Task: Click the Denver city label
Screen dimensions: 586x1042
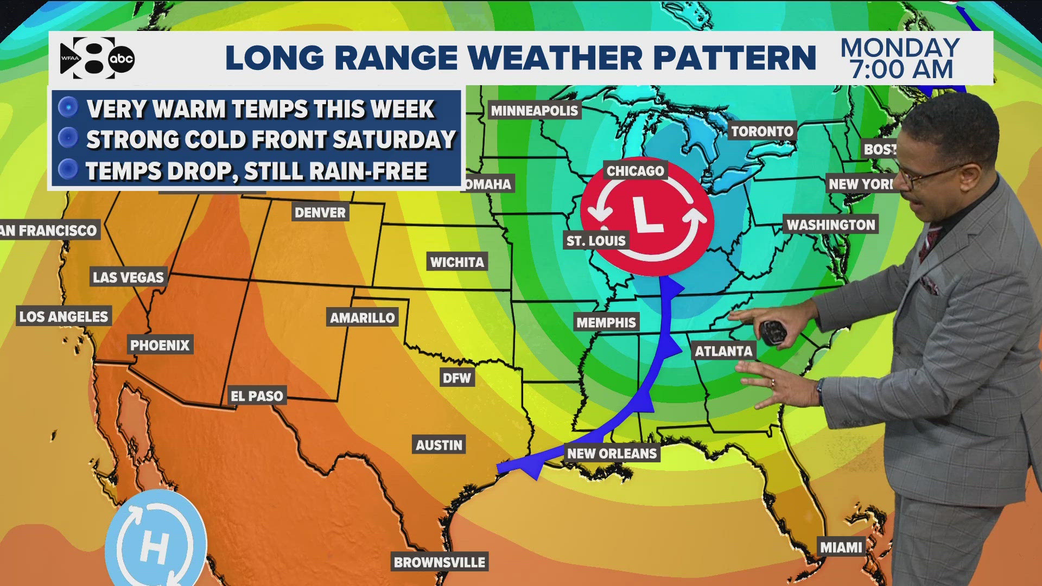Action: pyautogui.click(x=320, y=212)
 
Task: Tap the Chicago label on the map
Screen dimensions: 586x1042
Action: pyautogui.click(x=635, y=171)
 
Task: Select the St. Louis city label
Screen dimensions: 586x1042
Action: pyautogui.click(x=596, y=240)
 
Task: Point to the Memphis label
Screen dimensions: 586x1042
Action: pyautogui.click(x=606, y=322)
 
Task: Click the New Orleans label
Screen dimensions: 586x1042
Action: pyautogui.click(x=612, y=453)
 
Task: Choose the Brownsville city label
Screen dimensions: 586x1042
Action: pyautogui.click(x=440, y=562)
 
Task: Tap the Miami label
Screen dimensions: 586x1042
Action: pyautogui.click(x=841, y=547)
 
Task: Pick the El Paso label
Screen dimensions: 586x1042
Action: pyautogui.click(x=257, y=396)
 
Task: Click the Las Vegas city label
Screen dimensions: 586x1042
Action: pyautogui.click(x=128, y=277)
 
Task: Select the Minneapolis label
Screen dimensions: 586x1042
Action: pyautogui.click(x=534, y=111)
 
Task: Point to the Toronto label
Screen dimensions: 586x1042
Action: pyautogui.click(x=762, y=131)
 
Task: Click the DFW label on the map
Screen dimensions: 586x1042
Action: pyautogui.click(x=456, y=378)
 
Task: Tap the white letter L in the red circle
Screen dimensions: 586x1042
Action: pyautogui.click(x=646, y=215)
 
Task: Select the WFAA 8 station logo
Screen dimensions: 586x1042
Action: pyautogui.click(x=87, y=58)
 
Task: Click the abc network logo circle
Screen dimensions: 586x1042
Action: pyautogui.click(x=121, y=59)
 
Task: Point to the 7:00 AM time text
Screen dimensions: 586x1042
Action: pyautogui.click(x=901, y=70)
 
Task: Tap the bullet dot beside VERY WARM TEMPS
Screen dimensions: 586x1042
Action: pyautogui.click(x=68, y=107)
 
